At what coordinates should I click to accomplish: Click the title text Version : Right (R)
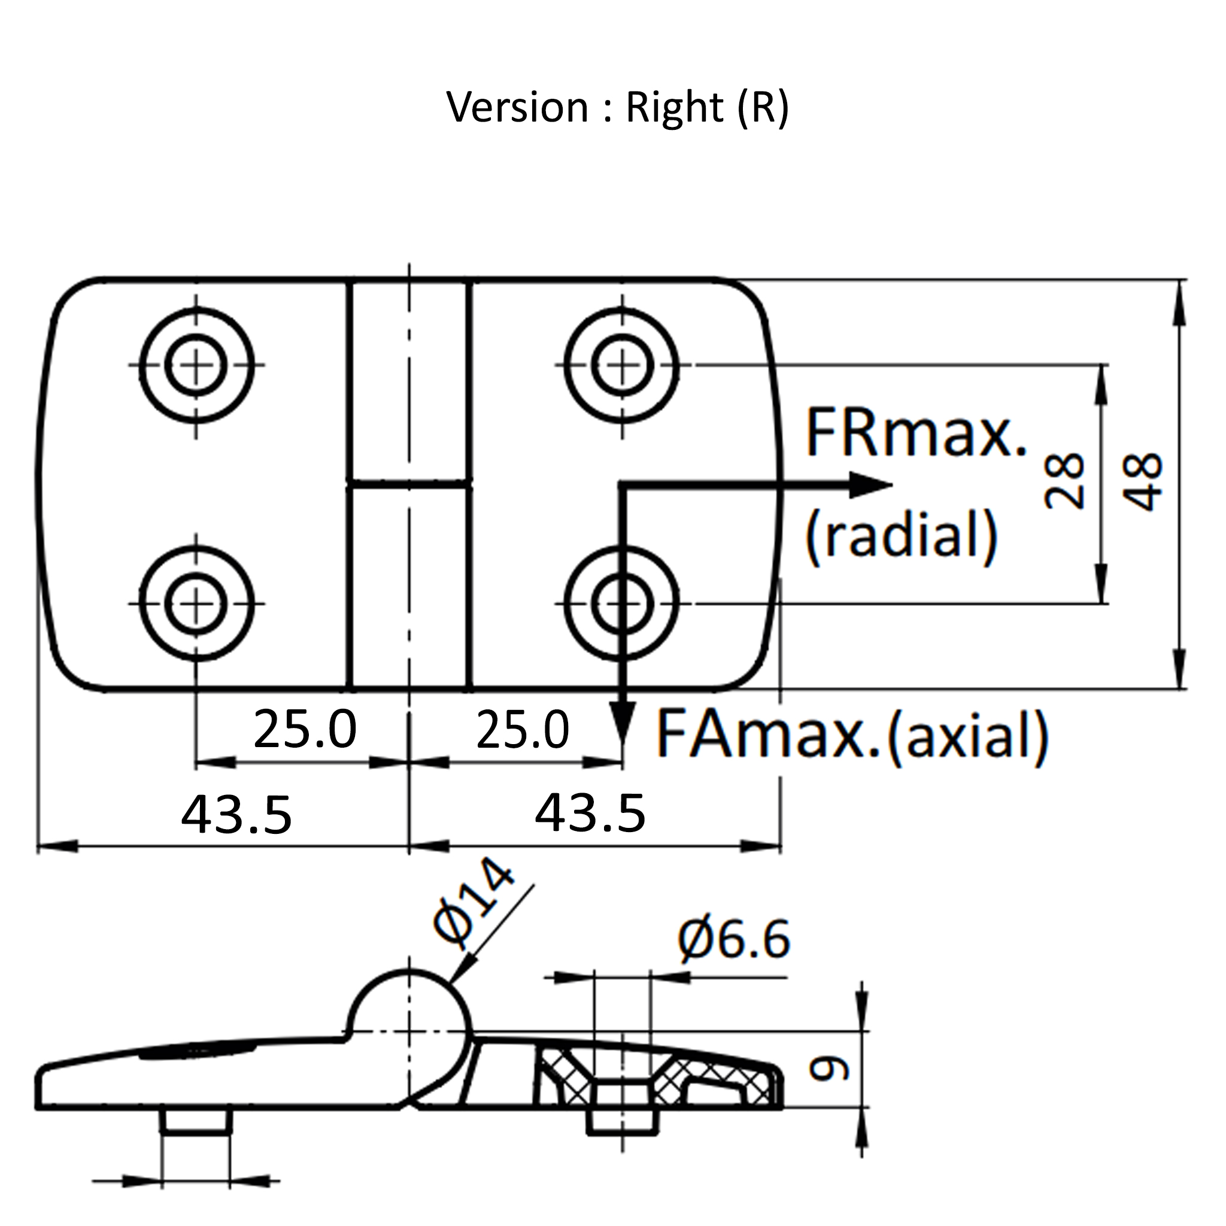coord(617,107)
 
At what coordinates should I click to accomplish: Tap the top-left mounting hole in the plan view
coord(196,366)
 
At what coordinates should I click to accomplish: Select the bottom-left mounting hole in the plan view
coord(196,603)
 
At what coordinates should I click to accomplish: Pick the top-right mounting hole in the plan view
coord(622,366)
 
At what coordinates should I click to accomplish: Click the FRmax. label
coord(915,434)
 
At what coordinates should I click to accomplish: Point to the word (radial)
coord(901,535)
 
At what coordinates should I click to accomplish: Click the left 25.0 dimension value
coord(305,729)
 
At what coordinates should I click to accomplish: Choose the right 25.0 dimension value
coord(522,729)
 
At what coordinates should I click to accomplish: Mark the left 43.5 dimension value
coord(236,815)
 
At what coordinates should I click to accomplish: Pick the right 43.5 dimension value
coord(590,812)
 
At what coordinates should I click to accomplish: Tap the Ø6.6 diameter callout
coord(734,940)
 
